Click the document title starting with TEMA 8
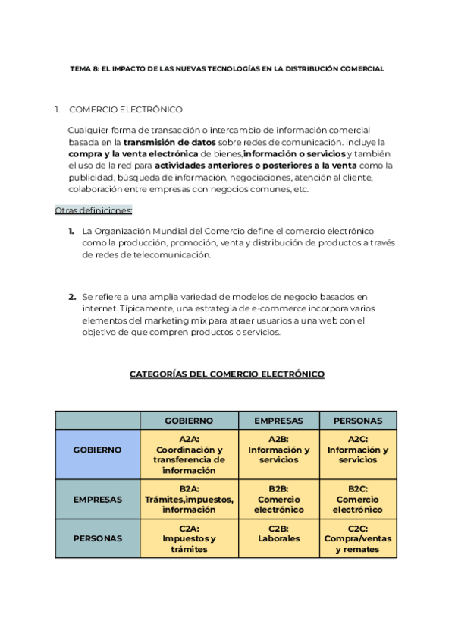[227, 68]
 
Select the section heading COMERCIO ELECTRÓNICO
[125, 109]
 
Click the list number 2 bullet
[72, 297]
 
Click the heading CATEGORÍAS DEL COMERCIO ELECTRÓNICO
[227, 374]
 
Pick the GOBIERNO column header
[189, 421]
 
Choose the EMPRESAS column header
[278, 421]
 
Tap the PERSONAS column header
[358, 421]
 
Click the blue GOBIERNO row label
[97, 450]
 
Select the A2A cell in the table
[189, 454]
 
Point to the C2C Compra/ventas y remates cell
[358, 538]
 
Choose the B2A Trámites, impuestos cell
[189, 499]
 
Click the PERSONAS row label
[97, 538]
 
